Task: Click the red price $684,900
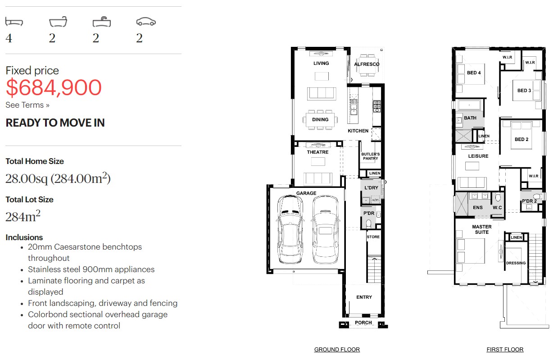[x=54, y=87]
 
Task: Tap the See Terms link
[x=27, y=105]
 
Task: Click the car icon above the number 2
[x=146, y=22]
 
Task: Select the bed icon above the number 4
[x=14, y=22]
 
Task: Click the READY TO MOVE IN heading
[x=55, y=123]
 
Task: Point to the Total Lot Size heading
[x=29, y=200]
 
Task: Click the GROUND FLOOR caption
[x=337, y=349]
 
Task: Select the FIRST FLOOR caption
[x=505, y=349]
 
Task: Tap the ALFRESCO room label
[x=367, y=64]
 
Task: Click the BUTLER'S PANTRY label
[x=370, y=156]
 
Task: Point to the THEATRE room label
[x=318, y=152]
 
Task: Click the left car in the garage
[x=290, y=229]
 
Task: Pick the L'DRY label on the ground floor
[x=371, y=187]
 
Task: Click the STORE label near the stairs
[x=373, y=237]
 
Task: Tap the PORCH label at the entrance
[x=363, y=323]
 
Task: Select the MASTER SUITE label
[x=482, y=229]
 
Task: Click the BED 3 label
[x=524, y=91]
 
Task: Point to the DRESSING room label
[x=516, y=263]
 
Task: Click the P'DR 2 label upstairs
[x=529, y=201]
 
